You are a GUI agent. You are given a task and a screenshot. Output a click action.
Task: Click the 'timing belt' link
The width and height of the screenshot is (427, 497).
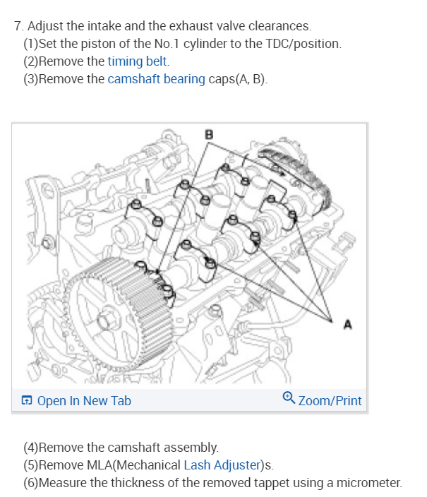point(138,61)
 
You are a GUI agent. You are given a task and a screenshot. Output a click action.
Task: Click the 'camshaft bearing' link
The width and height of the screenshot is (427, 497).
point(156,78)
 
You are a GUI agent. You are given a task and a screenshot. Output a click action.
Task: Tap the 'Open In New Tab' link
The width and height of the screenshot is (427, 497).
point(83,401)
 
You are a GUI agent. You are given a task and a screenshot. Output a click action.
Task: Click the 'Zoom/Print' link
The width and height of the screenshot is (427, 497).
point(330,401)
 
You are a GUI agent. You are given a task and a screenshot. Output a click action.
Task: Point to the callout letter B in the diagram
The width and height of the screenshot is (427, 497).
point(208,133)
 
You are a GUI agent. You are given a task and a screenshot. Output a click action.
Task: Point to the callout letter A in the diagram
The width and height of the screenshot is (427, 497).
point(347,324)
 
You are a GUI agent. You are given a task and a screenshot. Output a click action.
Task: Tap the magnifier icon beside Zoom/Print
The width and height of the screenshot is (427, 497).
point(288,400)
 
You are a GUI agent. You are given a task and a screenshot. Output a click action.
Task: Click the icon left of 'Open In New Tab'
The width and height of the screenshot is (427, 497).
point(27,401)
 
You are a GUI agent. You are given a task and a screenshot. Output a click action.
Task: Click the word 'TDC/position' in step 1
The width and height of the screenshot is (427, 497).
point(306,44)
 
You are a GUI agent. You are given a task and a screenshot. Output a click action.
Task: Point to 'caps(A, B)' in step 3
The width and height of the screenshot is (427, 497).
point(238,78)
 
